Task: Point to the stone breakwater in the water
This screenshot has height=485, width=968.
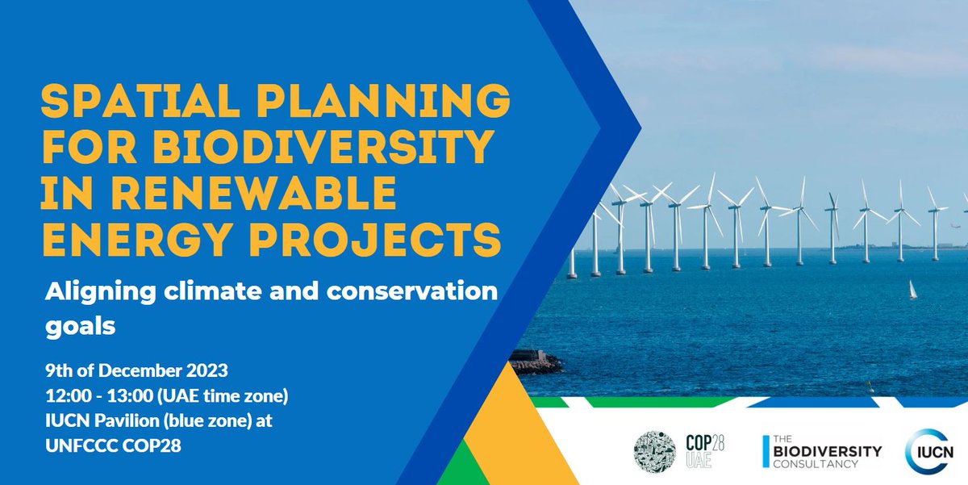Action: [534, 361]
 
